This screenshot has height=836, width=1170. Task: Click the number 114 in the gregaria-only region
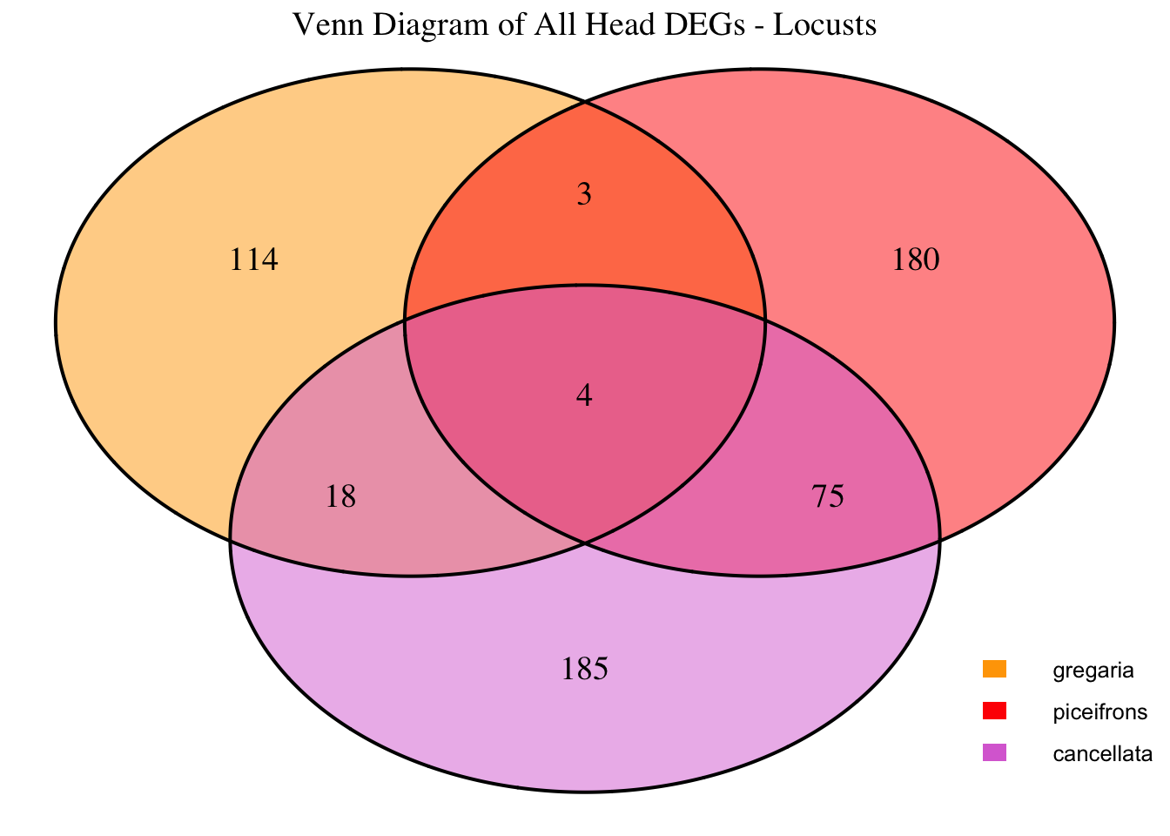(253, 260)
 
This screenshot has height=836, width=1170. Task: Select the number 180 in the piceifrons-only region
(916, 260)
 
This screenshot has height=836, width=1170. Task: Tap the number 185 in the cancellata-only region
(584, 670)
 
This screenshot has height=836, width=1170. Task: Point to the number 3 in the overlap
(584, 194)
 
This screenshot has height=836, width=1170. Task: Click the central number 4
(584, 396)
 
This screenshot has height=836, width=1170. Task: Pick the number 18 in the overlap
(340, 497)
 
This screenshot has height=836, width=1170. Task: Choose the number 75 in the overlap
(827, 497)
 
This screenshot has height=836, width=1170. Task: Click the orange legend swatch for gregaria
(994, 669)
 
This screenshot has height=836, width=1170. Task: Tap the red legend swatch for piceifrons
(994, 711)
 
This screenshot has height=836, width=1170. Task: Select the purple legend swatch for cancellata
(994, 752)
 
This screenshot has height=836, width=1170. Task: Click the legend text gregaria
(1093, 671)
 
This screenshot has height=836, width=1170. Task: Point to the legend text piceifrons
(1099, 712)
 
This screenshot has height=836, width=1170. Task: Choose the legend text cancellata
(1102, 754)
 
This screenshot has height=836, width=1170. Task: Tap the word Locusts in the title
(824, 24)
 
